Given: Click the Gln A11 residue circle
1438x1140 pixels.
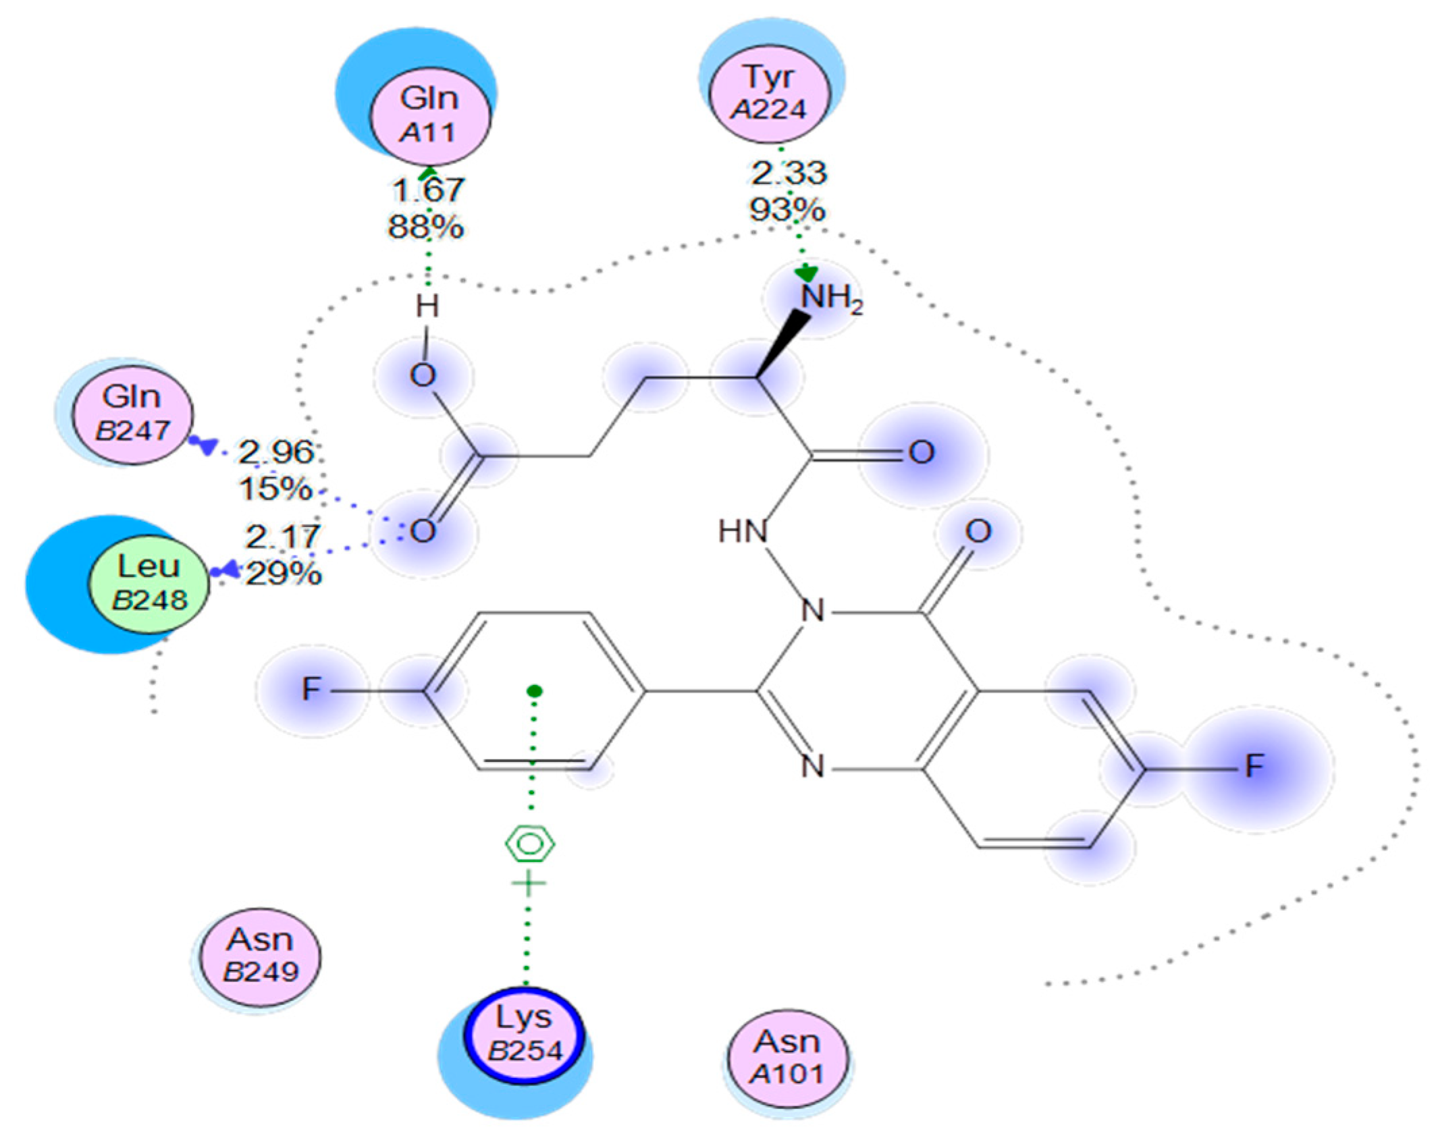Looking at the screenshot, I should coord(431,115).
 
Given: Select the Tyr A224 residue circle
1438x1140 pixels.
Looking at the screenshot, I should coord(770,92).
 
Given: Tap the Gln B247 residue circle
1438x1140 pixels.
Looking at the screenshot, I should coord(132,414).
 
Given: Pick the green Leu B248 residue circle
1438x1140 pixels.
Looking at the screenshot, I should coord(149,584).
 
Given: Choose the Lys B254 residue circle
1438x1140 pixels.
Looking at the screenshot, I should coord(524,1035).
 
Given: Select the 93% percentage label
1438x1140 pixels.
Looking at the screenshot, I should coord(787,210).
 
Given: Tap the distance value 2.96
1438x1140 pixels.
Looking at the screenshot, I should coord(277,452).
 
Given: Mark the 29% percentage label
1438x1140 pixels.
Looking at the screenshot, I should coord(284,574).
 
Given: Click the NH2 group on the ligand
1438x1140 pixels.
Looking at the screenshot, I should coord(830,298).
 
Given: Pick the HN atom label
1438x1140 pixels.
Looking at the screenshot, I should coord(743,532).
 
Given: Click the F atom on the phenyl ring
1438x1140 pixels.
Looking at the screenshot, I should coord(311,690).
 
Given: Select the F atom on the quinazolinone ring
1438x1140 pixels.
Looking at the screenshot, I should coord(1254,766).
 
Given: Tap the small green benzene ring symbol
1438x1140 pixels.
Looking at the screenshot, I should coord(530,844).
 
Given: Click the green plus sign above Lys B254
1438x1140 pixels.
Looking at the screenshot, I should coord(529,884).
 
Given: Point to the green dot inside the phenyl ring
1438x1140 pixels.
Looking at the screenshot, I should coord(535,690).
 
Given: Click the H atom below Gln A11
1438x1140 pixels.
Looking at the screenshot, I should coord(427,307).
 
